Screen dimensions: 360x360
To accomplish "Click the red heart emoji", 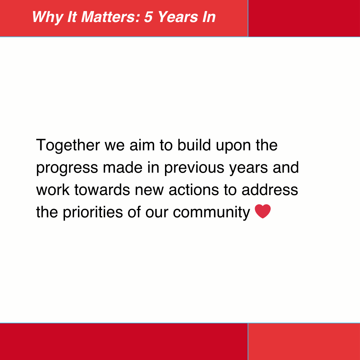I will [263, 212].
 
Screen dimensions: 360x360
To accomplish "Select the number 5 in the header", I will [148, 17].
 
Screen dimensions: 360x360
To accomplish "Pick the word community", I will [211, 213].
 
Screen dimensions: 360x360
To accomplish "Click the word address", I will [270, 190].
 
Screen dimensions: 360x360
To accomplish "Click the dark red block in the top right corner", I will [304, 18].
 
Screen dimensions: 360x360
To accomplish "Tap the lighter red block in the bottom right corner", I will [304, 342].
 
